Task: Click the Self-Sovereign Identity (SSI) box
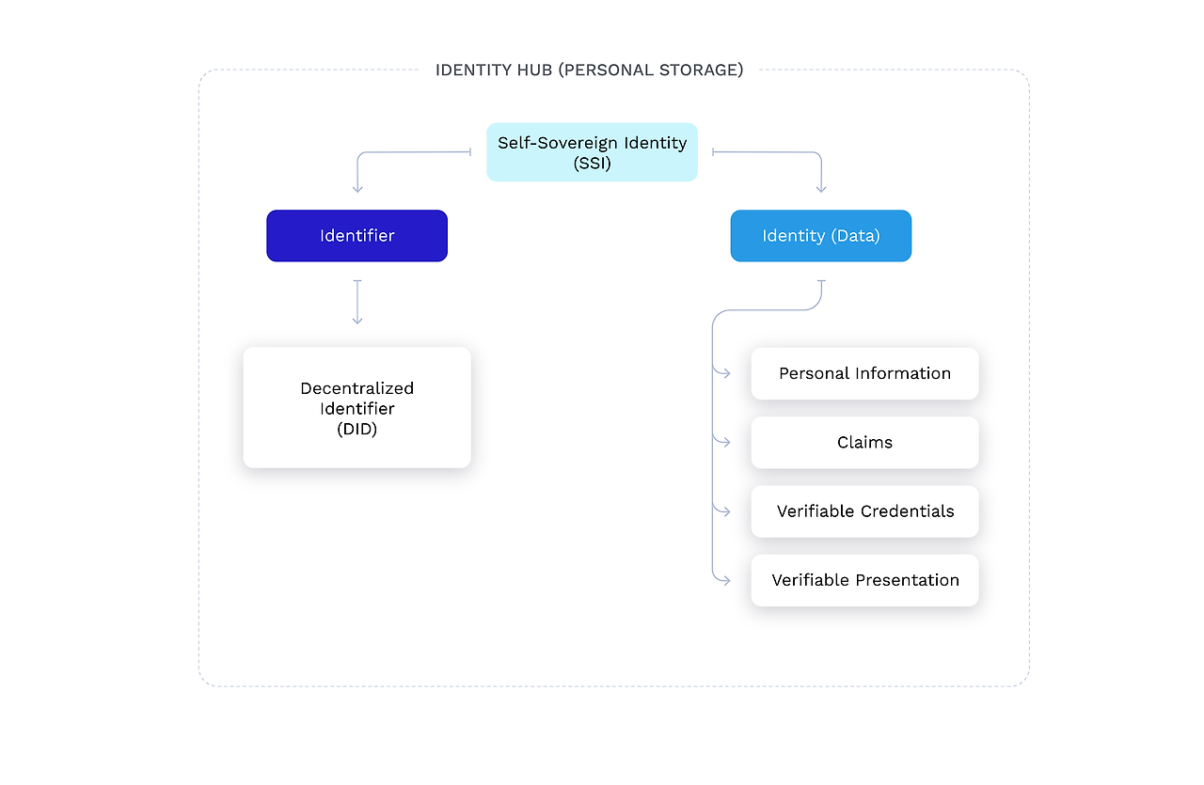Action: (592, 152)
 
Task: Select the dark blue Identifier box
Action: (356, 236)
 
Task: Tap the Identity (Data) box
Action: (820, 236)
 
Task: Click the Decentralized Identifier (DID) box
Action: (356, 408)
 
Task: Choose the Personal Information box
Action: (864, 374)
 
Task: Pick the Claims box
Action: (864, 443)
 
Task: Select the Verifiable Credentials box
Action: (864, 511)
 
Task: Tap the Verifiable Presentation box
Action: (864, 580)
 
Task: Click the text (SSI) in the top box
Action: (592, 163)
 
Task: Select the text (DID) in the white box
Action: (356, 430)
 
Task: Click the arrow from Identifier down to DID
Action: (356, 303)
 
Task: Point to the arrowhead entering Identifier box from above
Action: (356, 189)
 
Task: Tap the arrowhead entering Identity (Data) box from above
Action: (821, 189)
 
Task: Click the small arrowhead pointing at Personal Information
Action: (725, 374)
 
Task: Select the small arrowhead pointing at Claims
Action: (725, 442)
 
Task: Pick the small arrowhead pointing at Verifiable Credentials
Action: (725, 511)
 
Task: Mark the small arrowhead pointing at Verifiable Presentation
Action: (725, 580)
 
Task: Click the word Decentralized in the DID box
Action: (356, 388)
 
